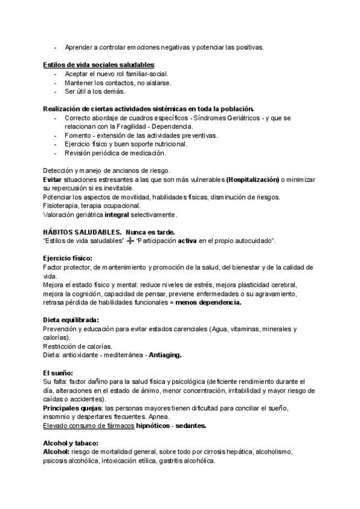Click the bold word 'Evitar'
54,179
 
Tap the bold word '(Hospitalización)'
253,179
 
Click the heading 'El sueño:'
58,373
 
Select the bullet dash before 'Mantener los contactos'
56,82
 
